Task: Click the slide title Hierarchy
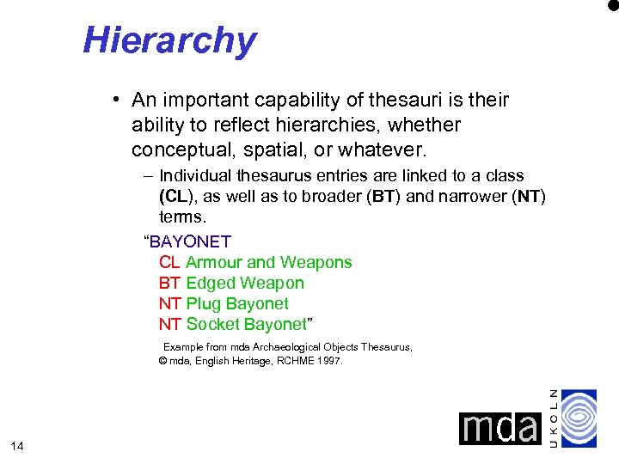pyautogui.click(x=169, y=40)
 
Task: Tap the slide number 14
pyautogui.click(x=17, y=445)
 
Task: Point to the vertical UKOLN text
pyautogui.click(x=554, y=418)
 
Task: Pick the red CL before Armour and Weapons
pyautogui.click(x=169, y=263)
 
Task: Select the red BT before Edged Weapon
pyautogui.click(x=169, y=284)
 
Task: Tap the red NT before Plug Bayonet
pyautogui.click(x=169, y=304)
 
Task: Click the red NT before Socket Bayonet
pyautogui.click(x=169, y=325)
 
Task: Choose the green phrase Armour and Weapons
pyautogui.click(x=268, y=263)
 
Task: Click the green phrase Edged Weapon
pyautogui.click(x=245, y=284)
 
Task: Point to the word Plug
pyautogui.click(x=204, y=304)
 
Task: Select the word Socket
pyautogui.click(x=212, y=325)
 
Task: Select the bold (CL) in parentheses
pyautogui.click(x=176, y=196)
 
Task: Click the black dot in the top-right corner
pyautogui.click(x=613, y=5)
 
